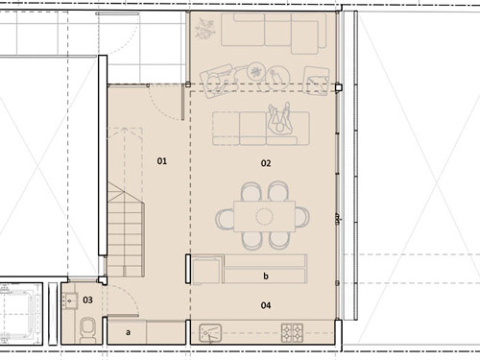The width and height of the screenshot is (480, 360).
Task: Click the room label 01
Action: (162, 161)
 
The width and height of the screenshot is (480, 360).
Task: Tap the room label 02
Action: (266, 163)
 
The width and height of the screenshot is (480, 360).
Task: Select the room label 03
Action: (87, 300)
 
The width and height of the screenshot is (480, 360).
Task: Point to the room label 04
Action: (266, 305)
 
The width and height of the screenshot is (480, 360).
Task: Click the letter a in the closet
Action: (128, 332)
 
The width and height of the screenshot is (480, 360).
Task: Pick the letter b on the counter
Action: (266, 276)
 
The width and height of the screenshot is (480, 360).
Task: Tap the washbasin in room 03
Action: (69, 300)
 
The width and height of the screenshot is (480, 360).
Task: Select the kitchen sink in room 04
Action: (210, 333)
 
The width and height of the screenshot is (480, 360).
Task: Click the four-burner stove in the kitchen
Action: (292, 333)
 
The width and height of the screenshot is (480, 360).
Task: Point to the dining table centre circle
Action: (264, 216)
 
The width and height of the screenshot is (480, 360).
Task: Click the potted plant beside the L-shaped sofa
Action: (204, 29)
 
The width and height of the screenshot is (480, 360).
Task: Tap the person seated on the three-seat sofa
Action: (280, 120)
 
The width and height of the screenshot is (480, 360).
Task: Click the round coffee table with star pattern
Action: (255, 72)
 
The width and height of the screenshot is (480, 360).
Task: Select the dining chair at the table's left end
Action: (225, 219)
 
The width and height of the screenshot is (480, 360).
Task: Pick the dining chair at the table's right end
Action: (302, 217)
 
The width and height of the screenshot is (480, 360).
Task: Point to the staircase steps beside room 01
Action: (126, 229)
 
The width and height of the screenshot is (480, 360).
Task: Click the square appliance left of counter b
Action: (207, 270)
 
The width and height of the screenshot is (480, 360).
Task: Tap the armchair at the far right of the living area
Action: (317, 81)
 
